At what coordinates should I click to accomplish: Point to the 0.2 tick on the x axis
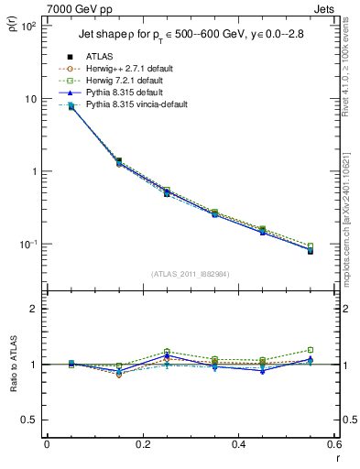coord(142,444)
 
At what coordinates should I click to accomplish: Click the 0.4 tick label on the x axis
coord(237,444)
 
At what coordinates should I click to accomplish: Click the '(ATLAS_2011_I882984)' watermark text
coord(190,274)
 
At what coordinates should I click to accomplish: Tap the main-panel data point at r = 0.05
coord(71,107)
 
